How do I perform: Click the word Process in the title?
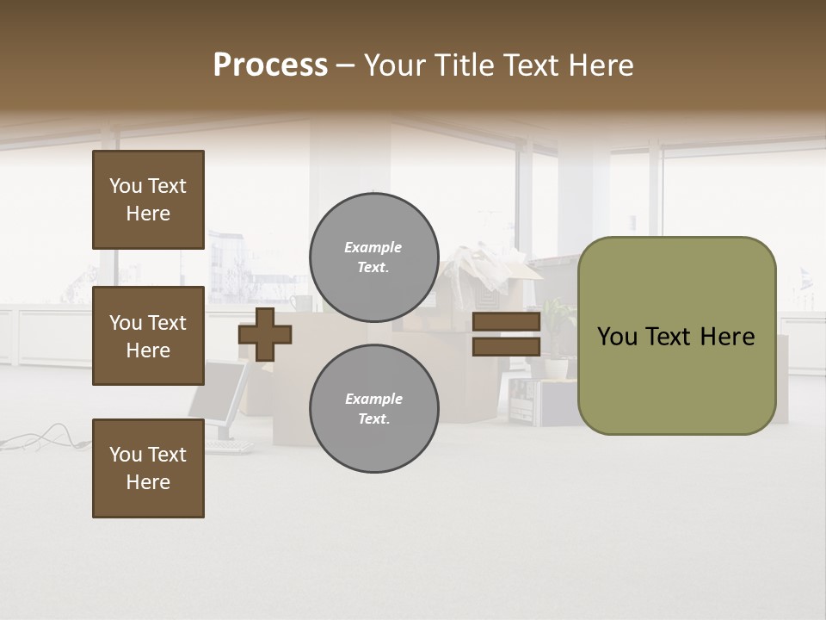[x=270, y=65]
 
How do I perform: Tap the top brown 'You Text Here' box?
[x=148, y=200]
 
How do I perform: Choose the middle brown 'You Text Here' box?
[x=148, y=336]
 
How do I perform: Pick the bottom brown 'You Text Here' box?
[x=148, y=468]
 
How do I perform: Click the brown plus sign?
[x=265, y=334]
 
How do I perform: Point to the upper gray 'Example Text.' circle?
[x=373, y=257]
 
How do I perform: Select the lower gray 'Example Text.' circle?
[x=373, y=408]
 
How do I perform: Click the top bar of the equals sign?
[x=506, y=322]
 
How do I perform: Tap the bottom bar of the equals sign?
[x=506, y=346]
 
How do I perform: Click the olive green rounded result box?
[x=676, y=336]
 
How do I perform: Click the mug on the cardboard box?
[x=300, y=303]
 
